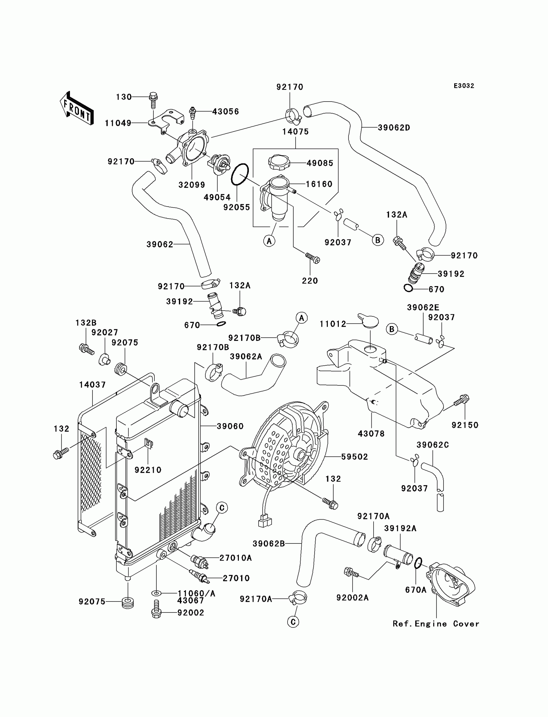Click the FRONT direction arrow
coord(77,109)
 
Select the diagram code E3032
coord(464,86)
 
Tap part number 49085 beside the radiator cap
coord(320,163)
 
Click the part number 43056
coord(225,112)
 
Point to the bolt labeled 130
coord(153,100)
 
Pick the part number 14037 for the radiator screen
coord(92,385)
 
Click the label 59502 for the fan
coord(355,457)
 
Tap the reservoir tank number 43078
coord(371,434)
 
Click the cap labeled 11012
coord(368,321)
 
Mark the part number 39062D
coord(394,128)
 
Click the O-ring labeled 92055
coord(240,174)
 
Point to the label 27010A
coord(236,558)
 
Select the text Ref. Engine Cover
coord(436,624)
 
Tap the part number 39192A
coord(400,528)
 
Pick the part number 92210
coord(148,470)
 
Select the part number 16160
coord(319,184)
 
